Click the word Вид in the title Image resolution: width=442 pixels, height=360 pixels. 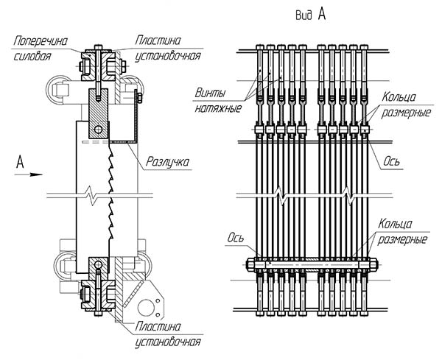[302, 15]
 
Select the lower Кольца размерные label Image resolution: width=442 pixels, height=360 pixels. [401, 231]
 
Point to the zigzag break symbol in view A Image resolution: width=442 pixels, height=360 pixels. [283, 195]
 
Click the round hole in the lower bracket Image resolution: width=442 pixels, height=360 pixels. [155, 304]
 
